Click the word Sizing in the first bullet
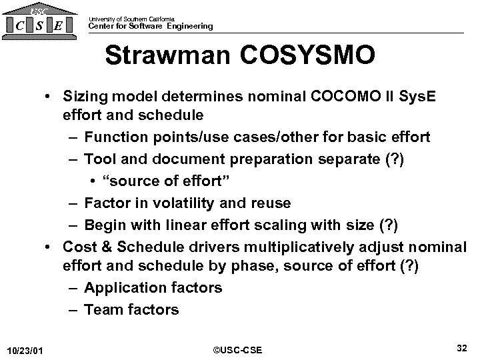point(83,97)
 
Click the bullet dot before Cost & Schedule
point(50,246)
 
